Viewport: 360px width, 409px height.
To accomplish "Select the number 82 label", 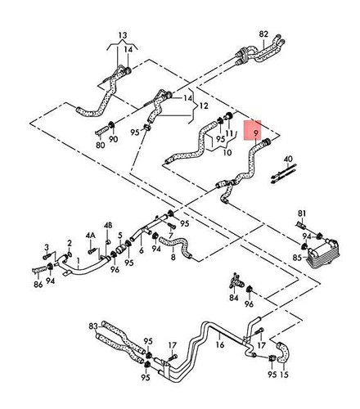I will [x=263, y=34].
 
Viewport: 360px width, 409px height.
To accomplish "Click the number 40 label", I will [x=287, y=158].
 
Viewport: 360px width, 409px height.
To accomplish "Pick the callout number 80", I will [x=100, y=145].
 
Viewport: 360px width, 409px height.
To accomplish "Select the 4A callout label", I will [x=91, y=235].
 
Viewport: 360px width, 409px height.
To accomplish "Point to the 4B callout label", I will [x=108, y=225].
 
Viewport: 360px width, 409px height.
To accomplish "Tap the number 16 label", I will [x=218, y=346].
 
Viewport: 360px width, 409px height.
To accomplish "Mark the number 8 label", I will [x=173, y=258].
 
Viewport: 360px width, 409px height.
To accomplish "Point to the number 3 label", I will [x=47, y=246].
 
